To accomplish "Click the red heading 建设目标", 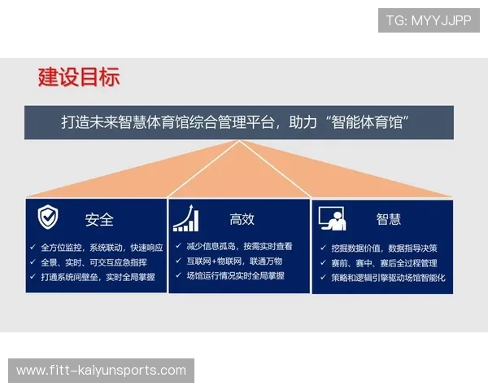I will (79, 77).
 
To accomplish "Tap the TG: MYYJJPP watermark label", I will (429, 20).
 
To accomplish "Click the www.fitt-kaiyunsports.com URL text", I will (101, 371).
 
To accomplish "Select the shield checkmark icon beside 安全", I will (48, 217).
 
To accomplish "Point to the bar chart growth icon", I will (185, 218).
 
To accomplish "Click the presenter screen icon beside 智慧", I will (332, 218).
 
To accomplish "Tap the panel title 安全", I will (99, 219).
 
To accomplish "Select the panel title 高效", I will (242, 219).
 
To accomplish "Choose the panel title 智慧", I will (388, 219).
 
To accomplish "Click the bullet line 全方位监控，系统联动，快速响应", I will (102, 247).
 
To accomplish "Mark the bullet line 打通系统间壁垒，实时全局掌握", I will (98, 277).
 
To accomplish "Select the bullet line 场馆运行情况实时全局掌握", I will (235, 276).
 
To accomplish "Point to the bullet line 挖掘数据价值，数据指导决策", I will (384, 248).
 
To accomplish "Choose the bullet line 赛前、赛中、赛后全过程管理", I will (384, 263).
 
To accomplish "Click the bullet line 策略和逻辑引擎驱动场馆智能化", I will (388, 278).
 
